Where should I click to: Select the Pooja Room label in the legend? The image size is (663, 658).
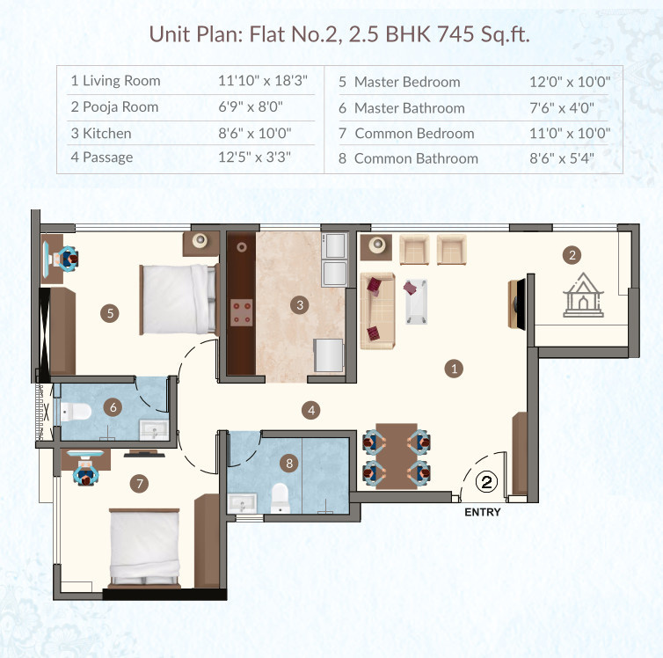point(114,107)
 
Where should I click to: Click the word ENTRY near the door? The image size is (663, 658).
point(482,512)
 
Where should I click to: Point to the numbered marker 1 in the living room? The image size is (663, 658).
point(454,369)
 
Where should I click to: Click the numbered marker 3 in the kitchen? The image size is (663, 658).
point(301,305)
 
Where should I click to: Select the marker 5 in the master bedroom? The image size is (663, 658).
point(110,312)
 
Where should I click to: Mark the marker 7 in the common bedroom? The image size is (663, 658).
point(137,482)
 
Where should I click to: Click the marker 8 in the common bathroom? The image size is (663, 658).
point(288,462)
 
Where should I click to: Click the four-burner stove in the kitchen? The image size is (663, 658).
point(239,311)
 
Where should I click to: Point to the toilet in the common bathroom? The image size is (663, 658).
point(280,497)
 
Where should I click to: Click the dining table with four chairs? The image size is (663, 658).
point(396,456)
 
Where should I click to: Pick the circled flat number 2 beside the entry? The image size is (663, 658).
point(487,481)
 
